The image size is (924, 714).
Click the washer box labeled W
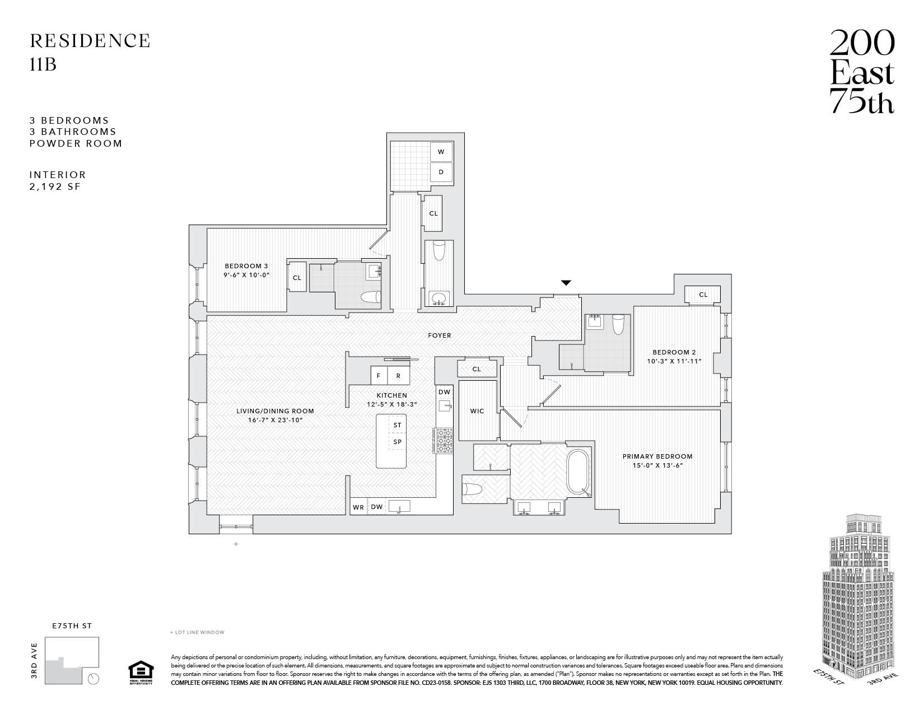tap(441, 152)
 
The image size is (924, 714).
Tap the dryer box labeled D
tap(441, 172)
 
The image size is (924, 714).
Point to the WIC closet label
tap(477, 411)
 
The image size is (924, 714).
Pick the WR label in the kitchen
tap(358, 507)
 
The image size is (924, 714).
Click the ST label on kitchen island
tap(397, 425)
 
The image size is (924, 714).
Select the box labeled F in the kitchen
tap(379, 376)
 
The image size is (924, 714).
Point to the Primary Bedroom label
tap(657, 456)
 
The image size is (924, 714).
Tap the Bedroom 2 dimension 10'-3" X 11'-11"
tap(674, 361)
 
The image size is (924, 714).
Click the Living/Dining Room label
tap(274, 411)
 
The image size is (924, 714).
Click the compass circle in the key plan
tap(94, 679)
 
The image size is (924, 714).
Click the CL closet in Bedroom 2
tap(703, 295)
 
